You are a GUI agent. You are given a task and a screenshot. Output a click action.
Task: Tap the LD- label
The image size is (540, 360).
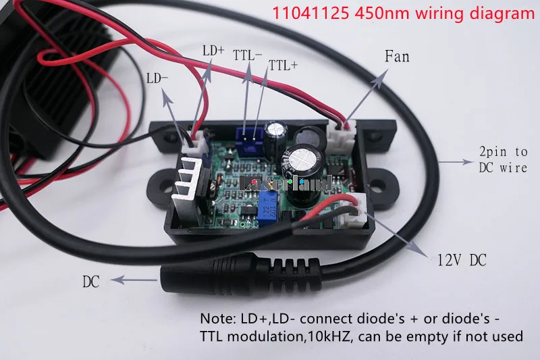click(157, 78)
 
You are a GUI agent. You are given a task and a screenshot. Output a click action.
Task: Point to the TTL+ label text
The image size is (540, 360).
click(283, 66)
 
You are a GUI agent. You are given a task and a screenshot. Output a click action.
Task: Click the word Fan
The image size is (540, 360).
click(397, 56)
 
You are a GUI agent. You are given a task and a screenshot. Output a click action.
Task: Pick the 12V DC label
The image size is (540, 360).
click(462, 259)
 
